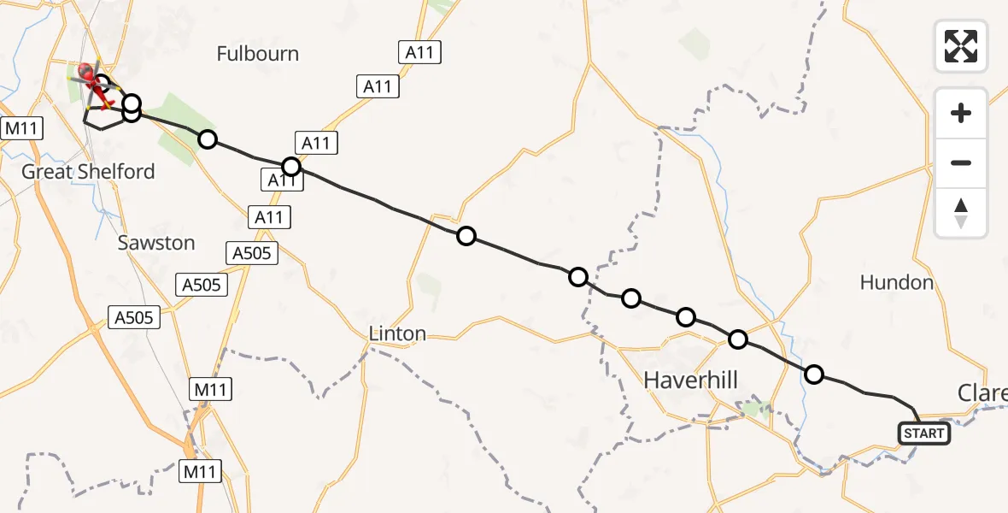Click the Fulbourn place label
[x=257, y=54]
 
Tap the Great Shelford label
[x=88, y=172]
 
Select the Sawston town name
[x=156, y=243]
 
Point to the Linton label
[x=397, y=333]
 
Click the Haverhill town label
[x=690, y=379]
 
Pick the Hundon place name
[x=896, y=282]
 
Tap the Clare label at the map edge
[x=982, y=392]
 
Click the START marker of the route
[x=923, y=433]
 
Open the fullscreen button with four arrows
[x=961, y=46]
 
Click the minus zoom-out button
[x=961, y=162]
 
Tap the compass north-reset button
[x=961, y=213]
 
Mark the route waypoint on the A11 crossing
[x=291, y=166]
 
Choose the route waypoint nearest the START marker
[x=814, y=374]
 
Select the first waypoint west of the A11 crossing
[x=207, y=139]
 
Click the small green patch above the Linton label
[x=430, y=290]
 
